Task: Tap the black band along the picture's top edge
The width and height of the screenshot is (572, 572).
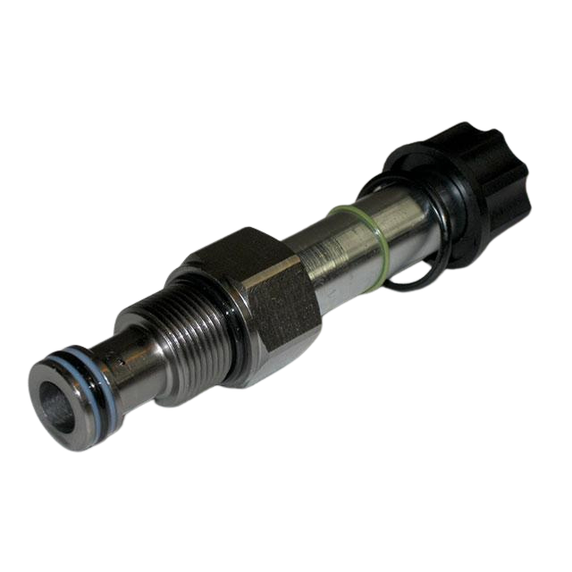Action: tap(286, 36)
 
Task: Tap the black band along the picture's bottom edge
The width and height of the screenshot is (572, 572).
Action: tap(286, 536)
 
